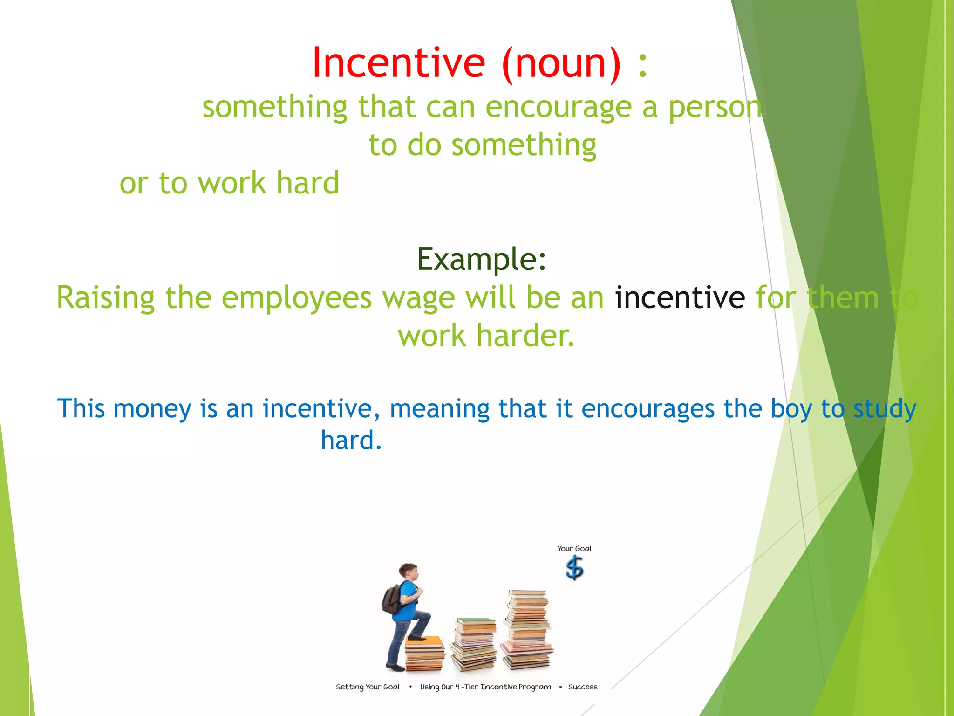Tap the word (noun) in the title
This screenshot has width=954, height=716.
pyautogui.click(x=561, y=63)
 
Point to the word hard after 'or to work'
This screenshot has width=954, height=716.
pyautogui.click(x=308, y=183)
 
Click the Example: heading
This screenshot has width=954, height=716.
pyautogui.click(x=482, y=259)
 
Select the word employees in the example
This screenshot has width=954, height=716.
pyautogui.click(x=297, y=298)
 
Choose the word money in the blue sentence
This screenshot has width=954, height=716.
pyautogui.click(x=152, y=408)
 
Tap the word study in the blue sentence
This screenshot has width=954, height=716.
pyautogui.click(x=885, y=409)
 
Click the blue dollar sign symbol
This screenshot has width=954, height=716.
pyautogui.click(x=574, y=568)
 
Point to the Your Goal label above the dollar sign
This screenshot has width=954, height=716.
pyautogui.click(x=574, y=549)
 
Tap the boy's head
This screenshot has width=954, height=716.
pyautogui.click(x=409, y=571)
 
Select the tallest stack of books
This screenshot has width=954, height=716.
pyautogui.click(x=528, y=629)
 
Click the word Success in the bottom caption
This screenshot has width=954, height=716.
pyautogui.click(x=582, y=687)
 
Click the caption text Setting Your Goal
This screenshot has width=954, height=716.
pyautogui.click(x=367, y=687)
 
